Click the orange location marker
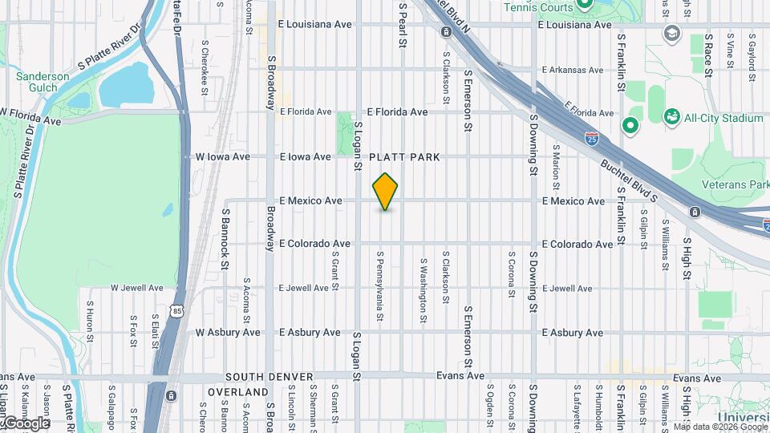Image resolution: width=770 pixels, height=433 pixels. pyautogui.click(x=386, y=191)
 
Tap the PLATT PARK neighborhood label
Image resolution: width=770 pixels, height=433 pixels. pyautogui.click(x=405, y=157)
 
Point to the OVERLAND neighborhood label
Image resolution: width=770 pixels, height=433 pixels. pyautogui.click(x=238, y=392)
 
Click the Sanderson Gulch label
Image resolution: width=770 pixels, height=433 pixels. pyautogui.click(x=43, y=82)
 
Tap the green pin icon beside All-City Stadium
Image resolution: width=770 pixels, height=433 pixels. pyautogui.click(x=630, y=124)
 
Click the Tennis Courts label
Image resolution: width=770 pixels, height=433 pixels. pyautogui.click(x=537, y=7)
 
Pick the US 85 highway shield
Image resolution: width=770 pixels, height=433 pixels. pyautogui.click(x=174, y=309)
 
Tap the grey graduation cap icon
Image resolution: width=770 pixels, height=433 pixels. pyautogui.click(x=671, y=34)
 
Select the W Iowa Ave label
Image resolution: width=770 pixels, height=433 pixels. pyautogui.click(x=219, y=157)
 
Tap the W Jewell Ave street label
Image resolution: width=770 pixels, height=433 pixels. pyautogui.click(x=136, y=288)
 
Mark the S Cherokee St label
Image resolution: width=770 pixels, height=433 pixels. pyautogui.click(x=205, y=60)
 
